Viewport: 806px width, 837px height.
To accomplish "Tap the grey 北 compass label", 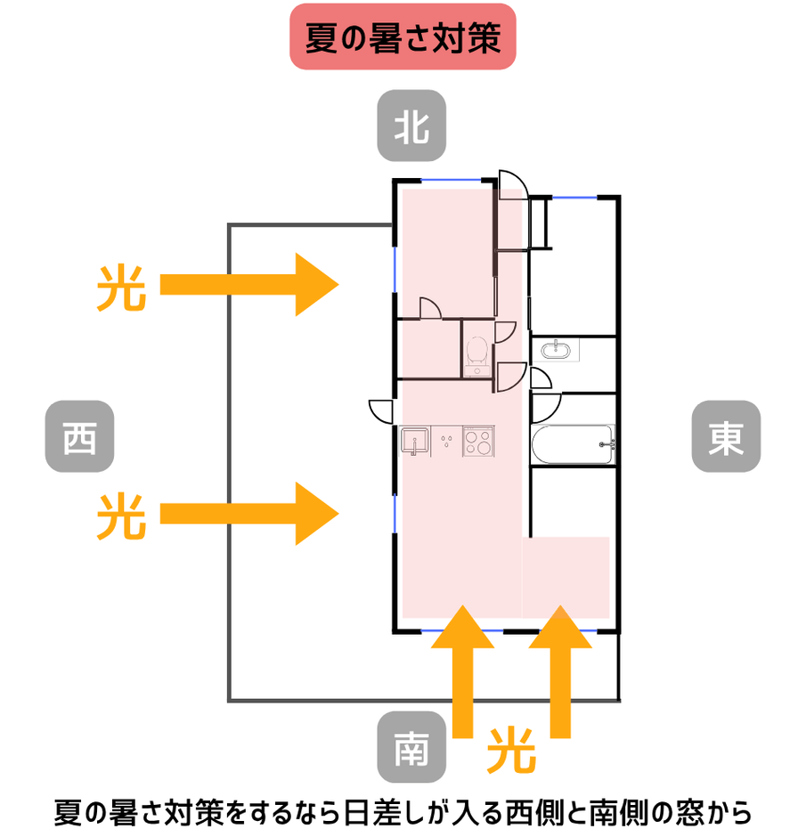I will click(411, 126).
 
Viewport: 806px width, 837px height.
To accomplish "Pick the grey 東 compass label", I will click(726, 436).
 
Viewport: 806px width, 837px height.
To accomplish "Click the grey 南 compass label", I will click(411, 747).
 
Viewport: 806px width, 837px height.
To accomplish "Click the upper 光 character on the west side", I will click(121, 287).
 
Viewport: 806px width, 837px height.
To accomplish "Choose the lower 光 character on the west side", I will click(121, 516).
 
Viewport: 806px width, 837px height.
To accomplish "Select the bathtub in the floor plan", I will click(573, 444).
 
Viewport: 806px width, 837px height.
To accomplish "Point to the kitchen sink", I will click(415, 441).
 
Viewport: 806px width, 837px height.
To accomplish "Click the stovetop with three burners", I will click(478, 442).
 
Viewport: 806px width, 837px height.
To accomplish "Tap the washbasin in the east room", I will click(558, 349).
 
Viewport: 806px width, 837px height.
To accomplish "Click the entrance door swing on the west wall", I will click(382, 411).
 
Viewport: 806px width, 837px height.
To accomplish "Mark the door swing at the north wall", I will click(513, 184).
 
